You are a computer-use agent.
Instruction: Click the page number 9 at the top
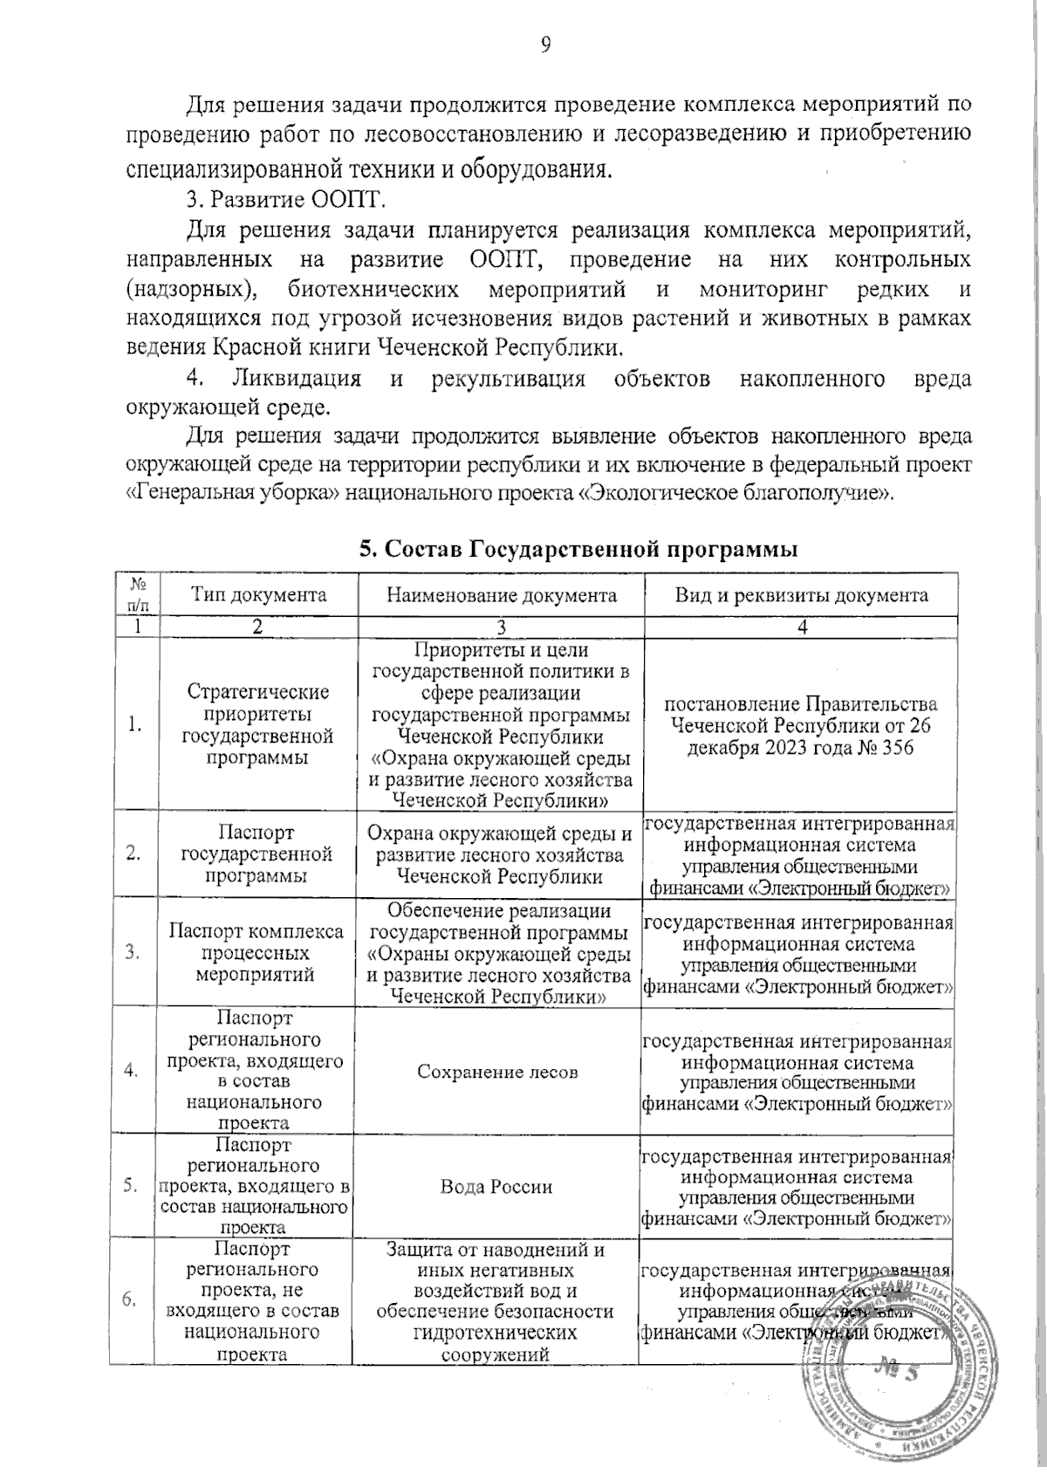click(x=544, y=45)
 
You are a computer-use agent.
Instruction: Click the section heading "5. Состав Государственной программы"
click(x=578, y=549)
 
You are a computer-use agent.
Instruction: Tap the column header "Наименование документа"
click(x=502, y=595)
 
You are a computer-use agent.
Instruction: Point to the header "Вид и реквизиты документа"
click(x=801, y=595)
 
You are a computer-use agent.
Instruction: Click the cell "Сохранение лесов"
click(x=497, y=1071)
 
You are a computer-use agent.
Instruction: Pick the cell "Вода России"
click(x=497, y=1187)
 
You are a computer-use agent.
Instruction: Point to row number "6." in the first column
click(x=133, y=1300)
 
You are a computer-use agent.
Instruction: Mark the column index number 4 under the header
click(x=801, y=627)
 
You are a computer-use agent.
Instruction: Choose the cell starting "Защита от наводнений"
click(x=497, y=1300)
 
